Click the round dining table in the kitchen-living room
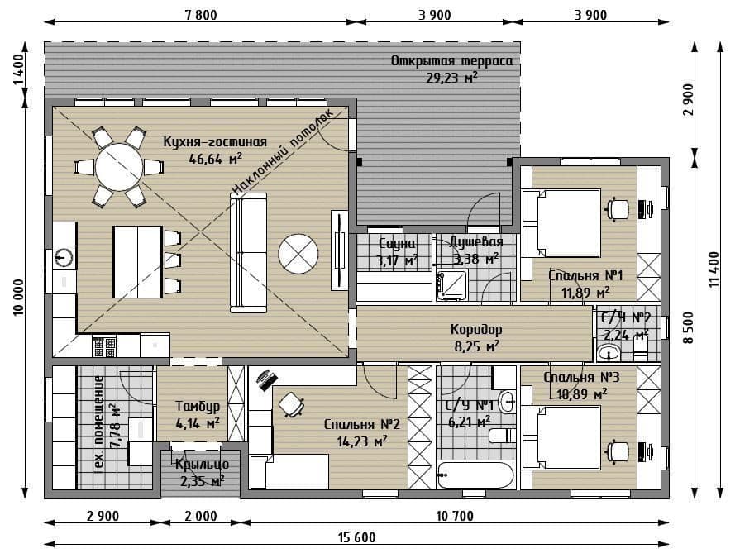click(118, 166)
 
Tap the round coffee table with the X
click(298, 253)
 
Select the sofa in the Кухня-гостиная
click(249, 252)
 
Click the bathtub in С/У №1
click(475, 475)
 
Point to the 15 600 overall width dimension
click(357, 537)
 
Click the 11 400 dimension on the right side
click(714, 269)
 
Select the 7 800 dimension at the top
click(201, 15)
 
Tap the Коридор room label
click(476, 329)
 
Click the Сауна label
click(398, 243)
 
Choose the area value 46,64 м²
click(215, 158)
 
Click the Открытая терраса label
click(451, 61)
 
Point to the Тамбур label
click(198, 406)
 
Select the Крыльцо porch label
click(202, 464)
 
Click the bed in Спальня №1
click(561, 223)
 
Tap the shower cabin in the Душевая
click(451, 284)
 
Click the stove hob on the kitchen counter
click(104, 346)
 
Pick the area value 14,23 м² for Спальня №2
click(362, 441)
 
